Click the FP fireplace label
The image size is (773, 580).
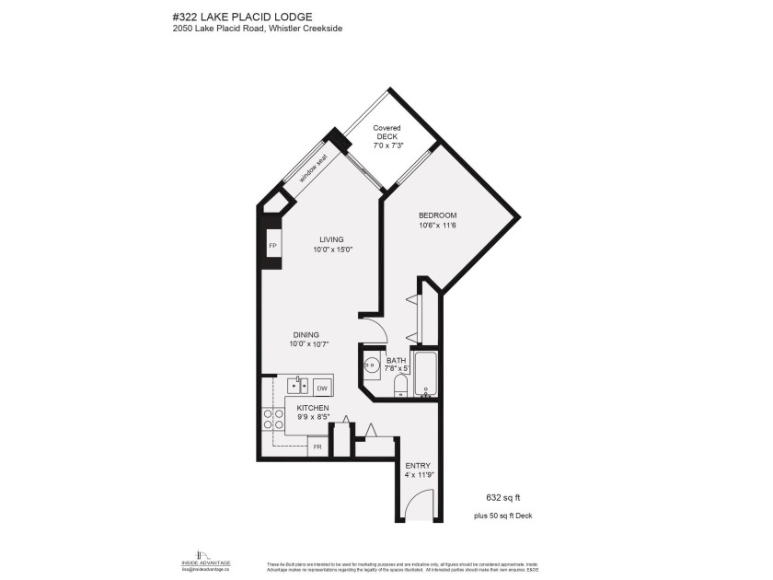point(272,247)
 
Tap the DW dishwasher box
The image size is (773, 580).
point(322,388)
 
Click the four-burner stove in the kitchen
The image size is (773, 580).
point(273,420)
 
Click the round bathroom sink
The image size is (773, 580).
point(371,365)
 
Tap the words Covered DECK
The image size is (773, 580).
point(386,133)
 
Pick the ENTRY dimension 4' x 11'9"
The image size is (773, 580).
point(419,476)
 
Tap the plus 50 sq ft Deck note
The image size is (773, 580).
point(502,516)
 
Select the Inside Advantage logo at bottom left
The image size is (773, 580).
point(205,560)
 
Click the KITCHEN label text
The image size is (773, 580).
point(312,407)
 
